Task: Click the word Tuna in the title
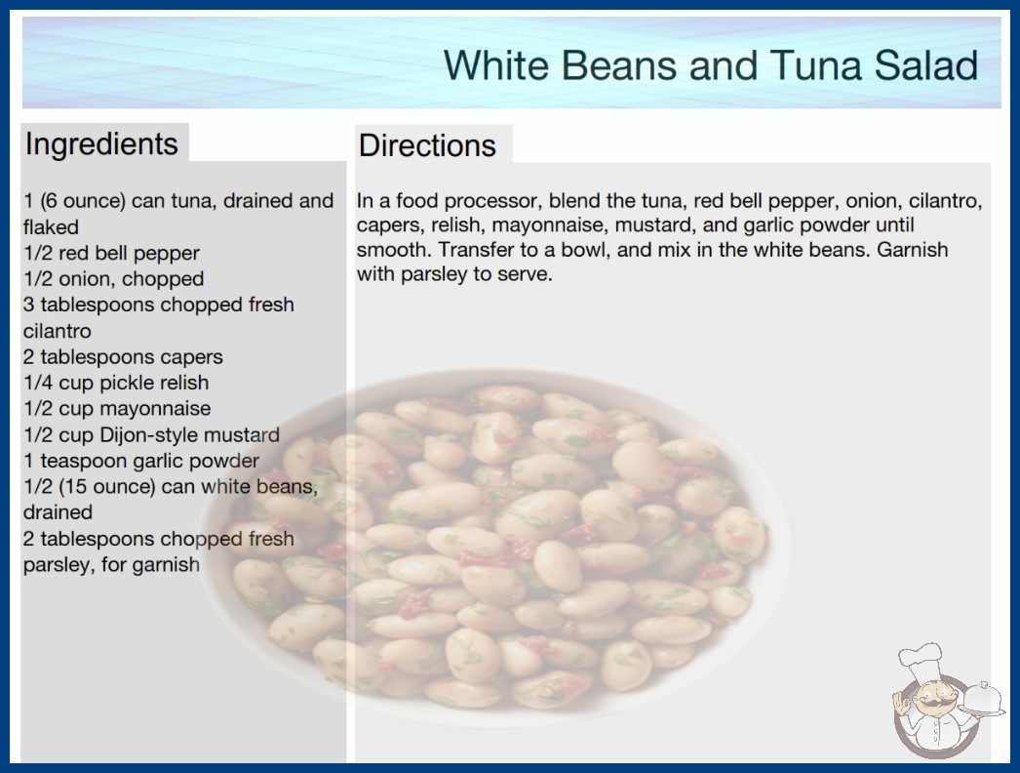[816, 65]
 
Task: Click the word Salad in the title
[926, 65]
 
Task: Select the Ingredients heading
[101, 143]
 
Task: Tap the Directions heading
[427, 145]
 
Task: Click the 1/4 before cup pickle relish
[38, 383]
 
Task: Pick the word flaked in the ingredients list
[51, 226]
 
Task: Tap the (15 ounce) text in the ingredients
[106, 486]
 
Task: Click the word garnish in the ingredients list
[166, 564]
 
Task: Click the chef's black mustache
[931, 704]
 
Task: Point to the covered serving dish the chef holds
[983, 699]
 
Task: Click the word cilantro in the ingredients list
[58, 331]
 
